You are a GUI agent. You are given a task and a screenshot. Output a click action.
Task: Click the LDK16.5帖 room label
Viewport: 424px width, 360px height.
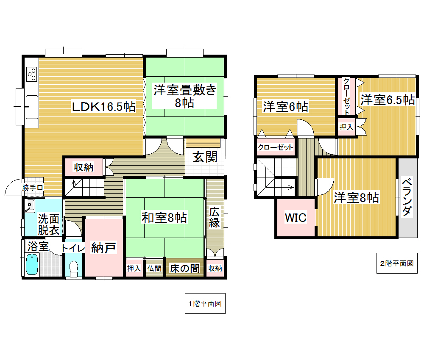pos(103,106)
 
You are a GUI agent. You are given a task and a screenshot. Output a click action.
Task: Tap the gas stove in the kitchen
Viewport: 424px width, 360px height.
pos(32,74)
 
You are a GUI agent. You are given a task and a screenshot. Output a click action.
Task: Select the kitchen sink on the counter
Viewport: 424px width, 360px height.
pos(32,107)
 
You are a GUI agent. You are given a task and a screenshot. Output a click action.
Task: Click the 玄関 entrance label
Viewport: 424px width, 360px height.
pos(205,157)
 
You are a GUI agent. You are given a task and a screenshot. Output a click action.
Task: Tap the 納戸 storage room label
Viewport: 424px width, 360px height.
pos(103,248)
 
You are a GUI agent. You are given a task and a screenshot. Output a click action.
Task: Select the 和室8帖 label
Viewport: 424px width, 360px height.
pos(164,217)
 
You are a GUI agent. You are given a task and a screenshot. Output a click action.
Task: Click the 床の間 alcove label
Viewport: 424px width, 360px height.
pos(185,269)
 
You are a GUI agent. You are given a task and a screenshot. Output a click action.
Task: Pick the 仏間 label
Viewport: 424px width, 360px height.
pos(154,269)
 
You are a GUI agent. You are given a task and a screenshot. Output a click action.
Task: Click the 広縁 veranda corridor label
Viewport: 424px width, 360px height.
pos(215,217)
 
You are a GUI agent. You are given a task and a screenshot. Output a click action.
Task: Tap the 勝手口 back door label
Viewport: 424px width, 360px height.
pos(33,188)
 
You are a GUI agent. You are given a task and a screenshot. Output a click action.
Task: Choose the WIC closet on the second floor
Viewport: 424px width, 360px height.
pos(296,218)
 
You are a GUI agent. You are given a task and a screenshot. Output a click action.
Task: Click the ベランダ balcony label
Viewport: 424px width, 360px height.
pos(407,197)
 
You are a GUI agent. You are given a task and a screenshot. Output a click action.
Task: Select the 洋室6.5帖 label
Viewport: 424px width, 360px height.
pos(388,100)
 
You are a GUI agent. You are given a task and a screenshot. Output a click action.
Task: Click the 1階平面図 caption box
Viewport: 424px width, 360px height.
pos(205,304)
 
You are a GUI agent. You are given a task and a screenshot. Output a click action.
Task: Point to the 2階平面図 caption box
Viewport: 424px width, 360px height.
pos(397,263)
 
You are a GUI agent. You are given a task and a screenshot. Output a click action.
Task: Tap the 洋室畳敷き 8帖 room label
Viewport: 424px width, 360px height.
pos(185,96)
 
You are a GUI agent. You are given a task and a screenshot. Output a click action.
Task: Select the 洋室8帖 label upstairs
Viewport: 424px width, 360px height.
pos(356,198)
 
